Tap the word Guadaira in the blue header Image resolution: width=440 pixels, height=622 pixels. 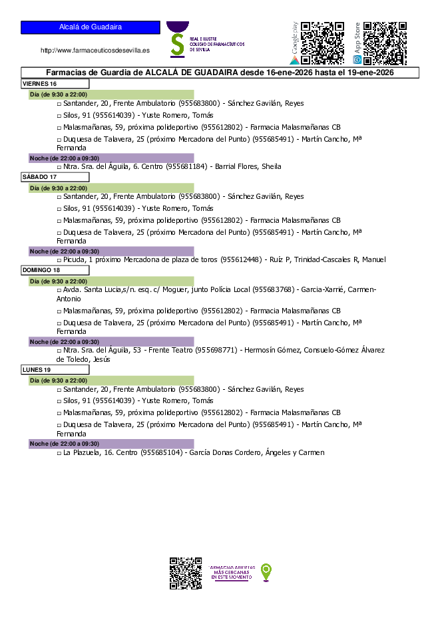coord(105,27)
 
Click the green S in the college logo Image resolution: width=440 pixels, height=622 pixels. coord(177,44)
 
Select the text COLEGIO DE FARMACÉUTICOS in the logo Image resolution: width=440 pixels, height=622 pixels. coord(217,44)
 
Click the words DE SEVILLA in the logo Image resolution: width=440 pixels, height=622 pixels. coord(200,49)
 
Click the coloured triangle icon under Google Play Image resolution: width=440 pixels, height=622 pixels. coord(294,60)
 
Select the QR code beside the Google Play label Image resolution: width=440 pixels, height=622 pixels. coord(323,43)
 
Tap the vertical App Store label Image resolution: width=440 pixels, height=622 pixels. coord(357,38)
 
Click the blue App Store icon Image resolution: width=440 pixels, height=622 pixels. coord(357,60)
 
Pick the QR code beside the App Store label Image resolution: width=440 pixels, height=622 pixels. coord(385,43)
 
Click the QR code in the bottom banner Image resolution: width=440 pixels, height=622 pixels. coord(186,573)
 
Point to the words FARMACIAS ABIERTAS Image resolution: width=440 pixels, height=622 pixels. coord(232,567)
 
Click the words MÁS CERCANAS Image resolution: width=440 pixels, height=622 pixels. coord(232,572)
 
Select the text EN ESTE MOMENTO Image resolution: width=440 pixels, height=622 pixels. coord(232,577)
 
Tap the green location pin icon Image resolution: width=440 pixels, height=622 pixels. coord(266,571)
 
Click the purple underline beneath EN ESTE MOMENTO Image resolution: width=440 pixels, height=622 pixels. coord(232,581)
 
